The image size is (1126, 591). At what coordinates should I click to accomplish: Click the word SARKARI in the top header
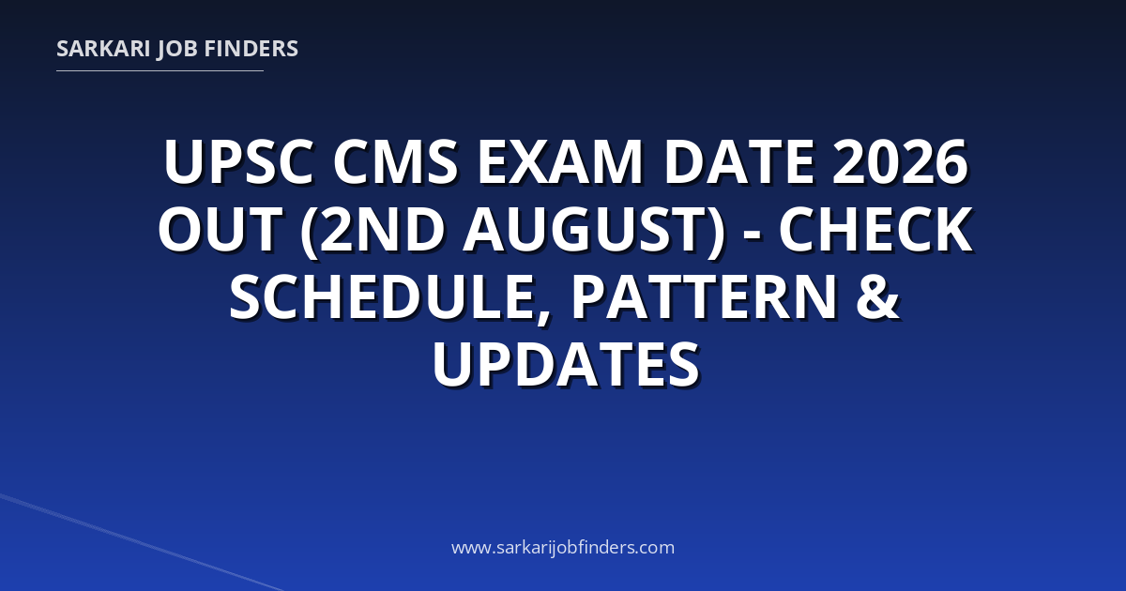coord(103,49)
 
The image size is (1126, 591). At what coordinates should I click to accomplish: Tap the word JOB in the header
coord(177,50)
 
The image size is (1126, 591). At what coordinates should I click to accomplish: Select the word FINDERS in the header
coord(251,49)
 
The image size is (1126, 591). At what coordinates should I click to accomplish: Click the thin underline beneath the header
coord(160,71)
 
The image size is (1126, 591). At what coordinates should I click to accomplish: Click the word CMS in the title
coord(396,162)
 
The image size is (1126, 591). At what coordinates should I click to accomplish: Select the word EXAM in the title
coord(560,162)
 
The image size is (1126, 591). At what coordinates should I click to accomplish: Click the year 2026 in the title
coord(899,162)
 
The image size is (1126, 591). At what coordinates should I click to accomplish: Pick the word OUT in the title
coord(221,230)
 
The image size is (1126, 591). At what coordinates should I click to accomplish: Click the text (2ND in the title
coord(372,231)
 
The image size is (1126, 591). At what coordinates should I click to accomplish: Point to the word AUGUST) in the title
coord(594,231)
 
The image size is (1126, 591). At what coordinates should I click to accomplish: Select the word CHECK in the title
coord(875,230)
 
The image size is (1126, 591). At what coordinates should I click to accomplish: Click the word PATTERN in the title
coord(705,297)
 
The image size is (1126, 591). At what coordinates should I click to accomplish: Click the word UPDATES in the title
coord(566,364)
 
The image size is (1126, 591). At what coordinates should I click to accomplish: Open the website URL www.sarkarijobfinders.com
coord(563,547)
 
